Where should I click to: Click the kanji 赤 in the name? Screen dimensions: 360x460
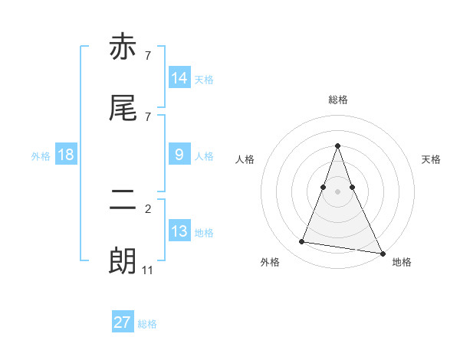point(123,47)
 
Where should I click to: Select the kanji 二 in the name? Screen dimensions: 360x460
point(123,201)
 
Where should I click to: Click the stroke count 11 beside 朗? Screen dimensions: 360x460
point(148,270)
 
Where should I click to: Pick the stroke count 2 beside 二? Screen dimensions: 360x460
point(148,208)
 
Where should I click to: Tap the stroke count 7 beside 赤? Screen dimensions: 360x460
point(148,55)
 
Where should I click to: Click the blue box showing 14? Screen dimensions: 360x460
point(179,78)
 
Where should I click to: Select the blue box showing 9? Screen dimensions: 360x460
point(179,155)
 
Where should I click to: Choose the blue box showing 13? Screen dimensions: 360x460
point(179,231)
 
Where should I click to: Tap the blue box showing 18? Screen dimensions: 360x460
point(66,155)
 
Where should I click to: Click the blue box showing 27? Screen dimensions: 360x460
point(123,322)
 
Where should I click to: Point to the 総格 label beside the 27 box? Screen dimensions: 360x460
point(147,324)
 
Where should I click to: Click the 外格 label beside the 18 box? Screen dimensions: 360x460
point(41,156)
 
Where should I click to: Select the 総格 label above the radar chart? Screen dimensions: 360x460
point(337,100)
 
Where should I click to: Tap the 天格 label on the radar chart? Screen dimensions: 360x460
point(431,159)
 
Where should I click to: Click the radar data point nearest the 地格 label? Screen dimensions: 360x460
point(381,253)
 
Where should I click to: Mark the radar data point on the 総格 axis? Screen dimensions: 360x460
point(337,146)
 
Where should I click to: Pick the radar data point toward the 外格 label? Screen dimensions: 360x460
point(302,242)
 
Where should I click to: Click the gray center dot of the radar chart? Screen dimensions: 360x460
point(337,191)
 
